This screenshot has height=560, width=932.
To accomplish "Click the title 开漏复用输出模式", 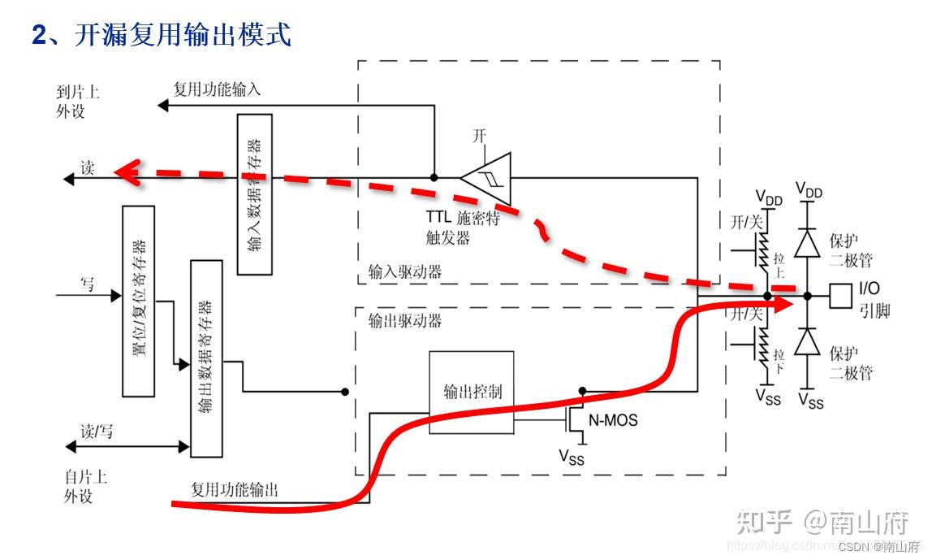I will tap(183, 34).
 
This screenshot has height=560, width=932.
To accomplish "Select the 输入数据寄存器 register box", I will tap(254, 193).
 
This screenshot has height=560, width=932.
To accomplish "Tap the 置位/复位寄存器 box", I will tap(138, 301).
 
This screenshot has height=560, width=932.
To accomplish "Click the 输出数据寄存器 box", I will tap(205, 358).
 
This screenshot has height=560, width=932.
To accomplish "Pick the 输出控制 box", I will tap(471, 392).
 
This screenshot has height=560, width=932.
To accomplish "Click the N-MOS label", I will tap(612, 420).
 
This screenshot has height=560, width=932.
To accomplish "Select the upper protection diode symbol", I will tap(806, 242).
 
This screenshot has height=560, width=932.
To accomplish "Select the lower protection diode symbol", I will tap(806, 343).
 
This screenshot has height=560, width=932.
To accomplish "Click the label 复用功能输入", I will tap(217, 89).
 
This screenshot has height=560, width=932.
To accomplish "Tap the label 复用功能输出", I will tap(235, 490).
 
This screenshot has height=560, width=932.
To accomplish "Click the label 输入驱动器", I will tap(405, 272).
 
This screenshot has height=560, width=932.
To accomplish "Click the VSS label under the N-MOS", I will tap(571, 457).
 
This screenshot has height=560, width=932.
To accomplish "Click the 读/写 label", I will tap(96, 432).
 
